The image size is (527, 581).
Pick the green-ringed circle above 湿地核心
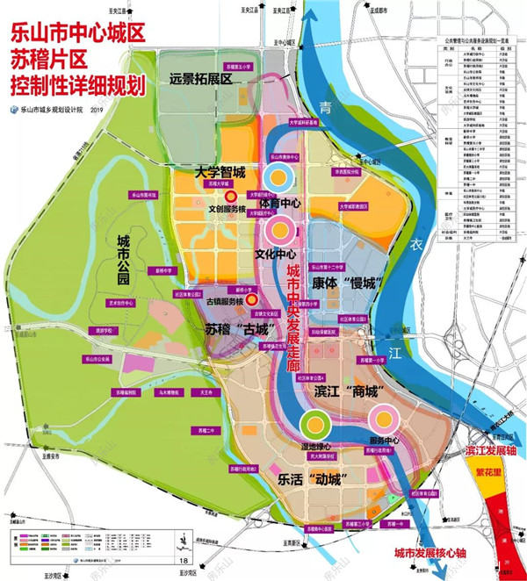pyautogui.click(x=314, y=423)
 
